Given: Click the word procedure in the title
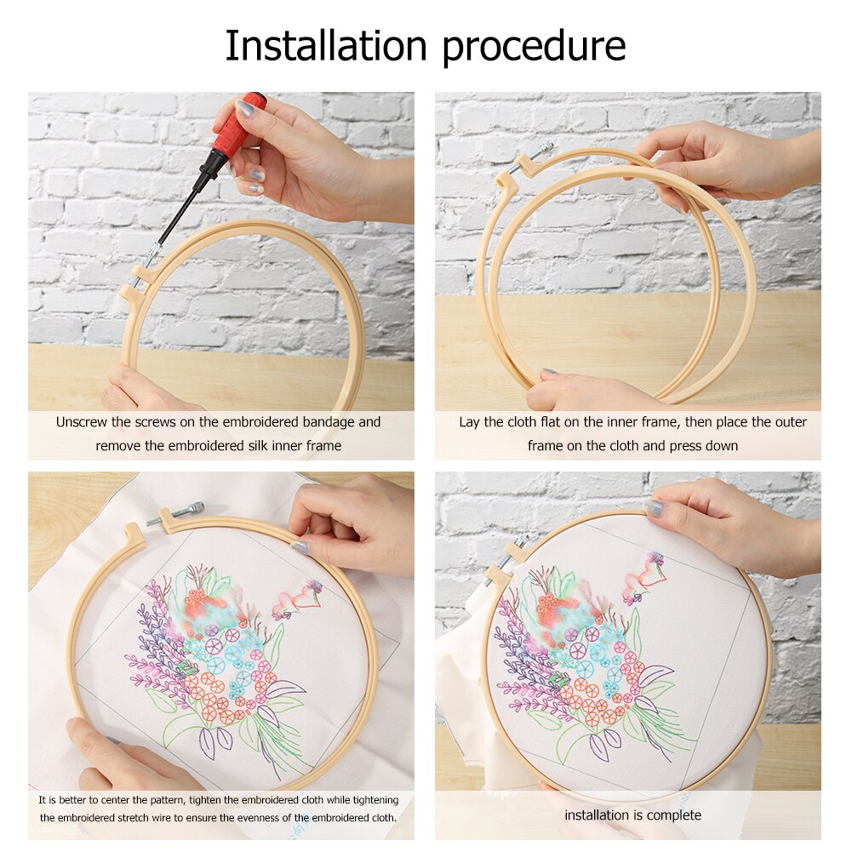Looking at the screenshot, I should point(534,48).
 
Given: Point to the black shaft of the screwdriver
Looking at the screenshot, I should point(180,209).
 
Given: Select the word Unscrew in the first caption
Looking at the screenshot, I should point(82,422).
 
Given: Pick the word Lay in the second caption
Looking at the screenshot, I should point(470,422).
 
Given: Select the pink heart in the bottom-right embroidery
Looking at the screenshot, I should point(649,578).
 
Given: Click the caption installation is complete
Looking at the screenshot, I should point(632,815).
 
